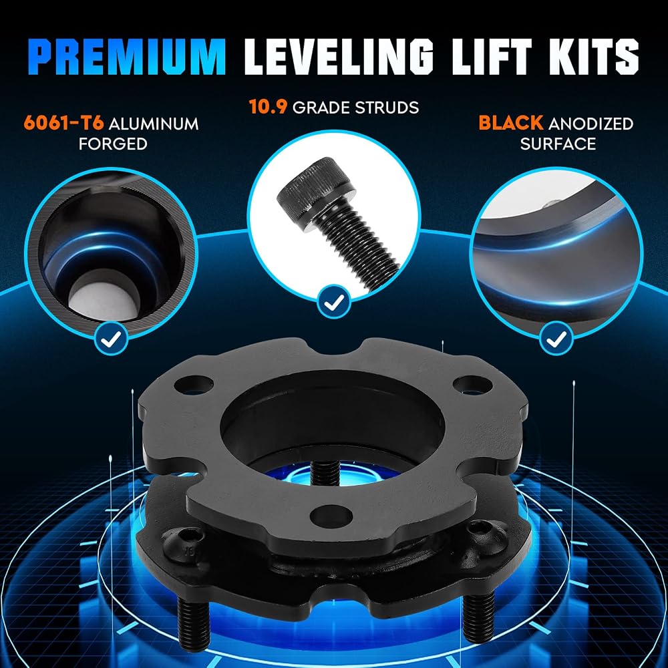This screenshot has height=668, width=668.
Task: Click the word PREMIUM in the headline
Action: [129, 57]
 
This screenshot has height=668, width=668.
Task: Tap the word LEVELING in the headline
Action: [339, 57]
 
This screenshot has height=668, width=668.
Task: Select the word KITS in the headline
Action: [595, 57]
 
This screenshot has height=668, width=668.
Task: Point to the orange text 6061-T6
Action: [64, 124]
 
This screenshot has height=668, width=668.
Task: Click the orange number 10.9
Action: [268, 107]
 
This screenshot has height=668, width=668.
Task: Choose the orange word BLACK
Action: [511, 123]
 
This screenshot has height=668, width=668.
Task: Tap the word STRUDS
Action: [387, 108]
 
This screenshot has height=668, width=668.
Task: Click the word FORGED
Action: [113, 144]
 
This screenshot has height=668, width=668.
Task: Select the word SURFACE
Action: [558, 144]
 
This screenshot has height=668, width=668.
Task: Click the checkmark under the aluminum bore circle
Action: [111, 339]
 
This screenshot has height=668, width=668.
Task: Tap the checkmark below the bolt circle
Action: [334, 302]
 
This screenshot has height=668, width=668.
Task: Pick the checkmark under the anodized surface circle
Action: [556, 339]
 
